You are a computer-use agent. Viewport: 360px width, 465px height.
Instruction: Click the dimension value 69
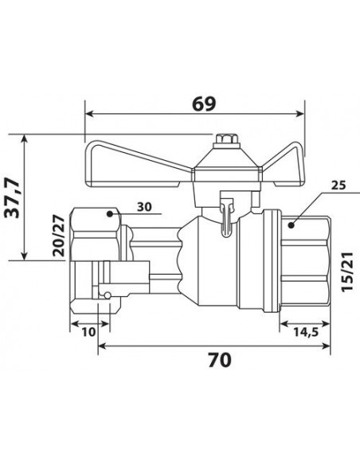(x=204, y=104)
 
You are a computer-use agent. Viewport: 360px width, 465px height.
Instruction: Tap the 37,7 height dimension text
(x=13, y=197)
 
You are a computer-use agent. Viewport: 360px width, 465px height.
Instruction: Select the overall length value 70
(x=220, y=361)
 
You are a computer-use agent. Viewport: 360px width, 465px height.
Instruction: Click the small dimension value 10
(x=88, y=332)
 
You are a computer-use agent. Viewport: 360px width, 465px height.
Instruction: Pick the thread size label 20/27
(x=58, y=236)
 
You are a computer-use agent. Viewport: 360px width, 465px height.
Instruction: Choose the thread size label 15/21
(x=347, y=272)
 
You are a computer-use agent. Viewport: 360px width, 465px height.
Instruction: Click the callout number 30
(x=144, y=207)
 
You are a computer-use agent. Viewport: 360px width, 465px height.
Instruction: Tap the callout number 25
(x=338, y=186)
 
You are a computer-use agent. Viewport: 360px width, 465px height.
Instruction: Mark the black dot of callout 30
(x=110, y=214)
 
